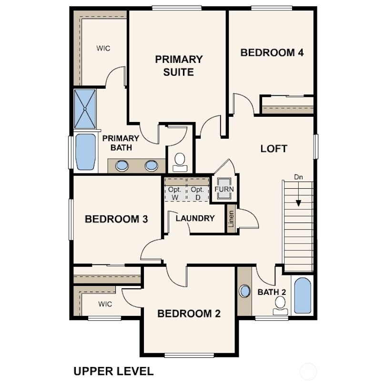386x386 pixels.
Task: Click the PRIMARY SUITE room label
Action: (x=178, y=66)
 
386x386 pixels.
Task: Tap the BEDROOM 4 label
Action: (x=272, y=52)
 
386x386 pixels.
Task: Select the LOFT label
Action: (x=274, y=148)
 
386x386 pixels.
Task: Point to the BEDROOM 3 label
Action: (x=116, y=219)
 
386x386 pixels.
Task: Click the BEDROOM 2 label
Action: (x=189, y=314)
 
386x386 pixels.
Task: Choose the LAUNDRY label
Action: (x=195, y=218)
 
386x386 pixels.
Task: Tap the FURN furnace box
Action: (x=224, y=189)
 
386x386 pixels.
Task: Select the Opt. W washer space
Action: (x=175, y=193)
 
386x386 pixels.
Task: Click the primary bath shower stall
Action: (x=85, y=109)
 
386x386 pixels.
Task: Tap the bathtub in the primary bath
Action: (x=86, y=152)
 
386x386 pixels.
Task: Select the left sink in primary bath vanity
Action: (x=122, y=166)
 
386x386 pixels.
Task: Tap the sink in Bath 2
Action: (x=244, y=291)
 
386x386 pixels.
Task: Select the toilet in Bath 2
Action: (x=281, y=305)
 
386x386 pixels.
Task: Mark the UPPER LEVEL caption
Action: (x=113, y=371)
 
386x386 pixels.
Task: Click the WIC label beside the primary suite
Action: (x=103, y=49)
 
